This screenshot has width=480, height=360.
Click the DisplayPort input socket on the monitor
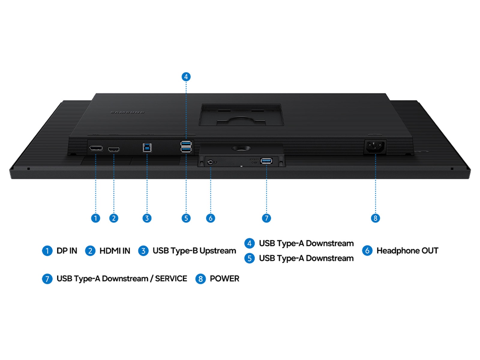pos(96,148)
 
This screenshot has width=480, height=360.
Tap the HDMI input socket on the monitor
pos(114,149)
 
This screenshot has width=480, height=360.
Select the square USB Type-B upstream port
pos(147,148)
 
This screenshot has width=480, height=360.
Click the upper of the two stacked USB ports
pos(186,143)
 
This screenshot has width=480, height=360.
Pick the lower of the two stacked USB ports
pos(186,149)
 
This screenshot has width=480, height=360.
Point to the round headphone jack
pos(210,162)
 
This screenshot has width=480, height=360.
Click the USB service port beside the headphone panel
pos(266,161)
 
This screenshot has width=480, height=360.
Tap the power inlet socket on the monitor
pos(375,147)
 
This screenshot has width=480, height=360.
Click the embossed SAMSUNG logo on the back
pos(127,112)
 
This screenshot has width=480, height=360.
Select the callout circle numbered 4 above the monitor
pos(186,77)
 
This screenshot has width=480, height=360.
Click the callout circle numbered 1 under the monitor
pos(96,218)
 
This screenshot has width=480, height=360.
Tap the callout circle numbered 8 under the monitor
pos(376,218)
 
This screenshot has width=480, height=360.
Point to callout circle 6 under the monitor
pos(211,218)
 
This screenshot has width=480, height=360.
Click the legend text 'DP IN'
pos(67,251)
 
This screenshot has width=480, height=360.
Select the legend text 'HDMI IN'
pos(115,251)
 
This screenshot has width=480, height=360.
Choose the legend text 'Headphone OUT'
pos(407,251)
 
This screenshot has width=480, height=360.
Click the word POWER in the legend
pos(225,279)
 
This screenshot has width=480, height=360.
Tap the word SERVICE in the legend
pos(171,279)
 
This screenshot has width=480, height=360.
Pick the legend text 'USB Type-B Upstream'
pos(194,251)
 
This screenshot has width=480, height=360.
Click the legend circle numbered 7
pos(47,279)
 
